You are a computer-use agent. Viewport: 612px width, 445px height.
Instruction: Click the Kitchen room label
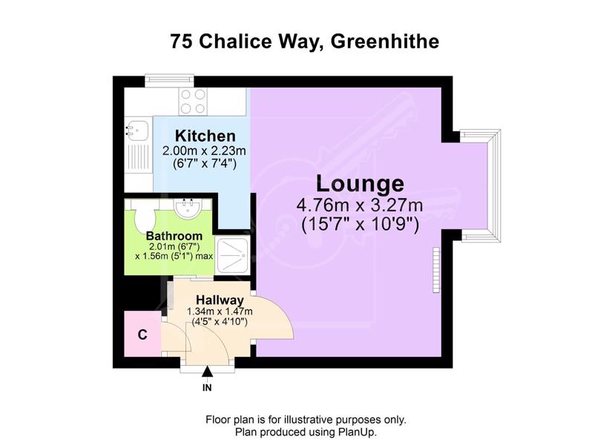pos(205,136)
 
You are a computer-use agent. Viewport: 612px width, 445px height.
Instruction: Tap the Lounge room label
pos(360,183)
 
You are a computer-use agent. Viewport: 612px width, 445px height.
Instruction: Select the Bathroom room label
pos(174,236)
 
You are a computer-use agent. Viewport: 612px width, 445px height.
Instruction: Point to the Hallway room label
pos(220,300)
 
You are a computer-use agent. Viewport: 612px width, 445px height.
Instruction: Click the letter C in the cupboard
pos(142,334)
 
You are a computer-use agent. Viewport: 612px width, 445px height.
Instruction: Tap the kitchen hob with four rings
pos(193,102)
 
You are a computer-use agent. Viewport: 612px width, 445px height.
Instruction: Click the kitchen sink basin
pos(137,131)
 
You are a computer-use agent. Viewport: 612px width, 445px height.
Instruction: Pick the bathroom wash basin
pos(188,207)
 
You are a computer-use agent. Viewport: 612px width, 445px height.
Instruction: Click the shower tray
pos(233,255)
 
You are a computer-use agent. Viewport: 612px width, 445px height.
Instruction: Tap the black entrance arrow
pos(207,372)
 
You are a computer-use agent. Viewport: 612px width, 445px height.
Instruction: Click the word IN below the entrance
pos(207,388)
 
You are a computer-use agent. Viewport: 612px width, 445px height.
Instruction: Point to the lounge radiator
pos(436,269)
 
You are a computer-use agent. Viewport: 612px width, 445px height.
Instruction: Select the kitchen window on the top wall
pos(169,80)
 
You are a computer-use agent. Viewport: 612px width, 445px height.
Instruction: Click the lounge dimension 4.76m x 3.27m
pos(360,205)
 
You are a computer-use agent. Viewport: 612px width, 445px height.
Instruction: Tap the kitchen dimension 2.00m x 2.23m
pos(204,151)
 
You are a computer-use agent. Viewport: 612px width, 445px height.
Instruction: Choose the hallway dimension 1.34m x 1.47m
pos(220,311)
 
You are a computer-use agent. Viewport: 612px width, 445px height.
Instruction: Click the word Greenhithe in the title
pos(385,42)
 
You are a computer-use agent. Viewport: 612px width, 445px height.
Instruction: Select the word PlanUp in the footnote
pos(357,432)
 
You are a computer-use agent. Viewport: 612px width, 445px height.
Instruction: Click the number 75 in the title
pos(182,42)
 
